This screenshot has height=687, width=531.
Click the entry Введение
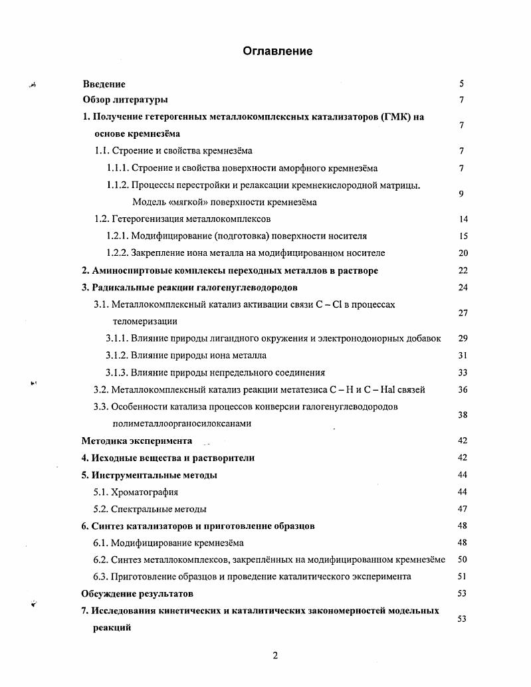tap(104, 84)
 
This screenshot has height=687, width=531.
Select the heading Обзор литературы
tap(125, 100)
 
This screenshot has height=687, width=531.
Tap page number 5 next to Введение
tap(461, 84)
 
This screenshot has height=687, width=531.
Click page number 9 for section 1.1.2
tap(461, 193)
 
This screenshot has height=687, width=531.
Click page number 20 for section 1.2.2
tap(463, 253)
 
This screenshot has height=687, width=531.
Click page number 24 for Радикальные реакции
tap(463, 288)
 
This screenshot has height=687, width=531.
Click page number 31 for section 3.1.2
tap(463, 355)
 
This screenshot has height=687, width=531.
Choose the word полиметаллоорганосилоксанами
tap(182, 423)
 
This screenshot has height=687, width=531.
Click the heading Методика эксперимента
tap(137, 441)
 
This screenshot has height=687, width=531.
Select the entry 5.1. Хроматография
tap(136, 492)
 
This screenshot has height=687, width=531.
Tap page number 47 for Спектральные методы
tap(463, 509)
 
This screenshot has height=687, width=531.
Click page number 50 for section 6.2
tap(463, 560)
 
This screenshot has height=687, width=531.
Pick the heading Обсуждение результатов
tap(138, 593)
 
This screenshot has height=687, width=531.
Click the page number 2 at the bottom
tap(275, 656)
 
